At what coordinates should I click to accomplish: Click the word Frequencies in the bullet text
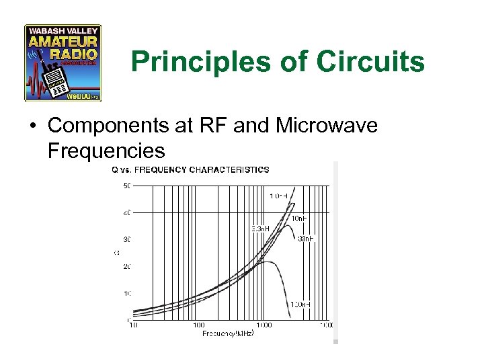106,150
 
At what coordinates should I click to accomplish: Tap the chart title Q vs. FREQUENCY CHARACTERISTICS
190,169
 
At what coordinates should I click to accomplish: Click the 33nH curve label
306,239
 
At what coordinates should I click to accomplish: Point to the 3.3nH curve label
260,228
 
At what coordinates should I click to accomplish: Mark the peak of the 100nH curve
268,262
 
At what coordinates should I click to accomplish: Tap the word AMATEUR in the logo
63,42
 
